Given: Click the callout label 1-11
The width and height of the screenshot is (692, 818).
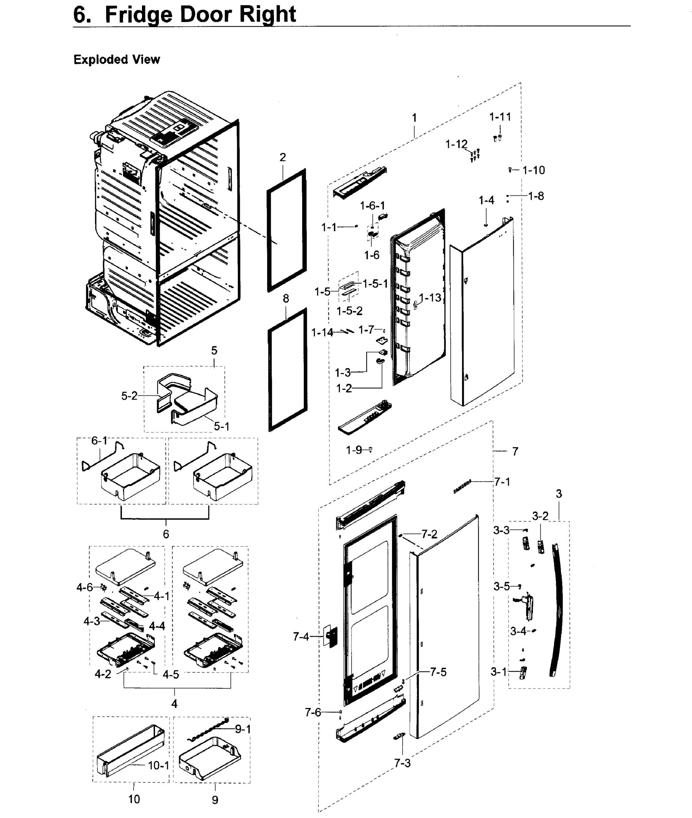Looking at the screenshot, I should [x=500, y=117].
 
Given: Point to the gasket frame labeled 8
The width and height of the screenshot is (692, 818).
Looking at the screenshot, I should [x=270, y=377].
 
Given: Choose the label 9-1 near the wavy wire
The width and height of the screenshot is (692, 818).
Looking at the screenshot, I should [x=243, y=729].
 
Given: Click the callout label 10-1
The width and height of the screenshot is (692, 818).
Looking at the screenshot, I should [x=158, y=765].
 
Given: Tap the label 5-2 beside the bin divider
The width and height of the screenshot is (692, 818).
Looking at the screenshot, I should [x=129, y=396].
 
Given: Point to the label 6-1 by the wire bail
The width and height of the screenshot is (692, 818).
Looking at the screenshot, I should [x=99, y=441].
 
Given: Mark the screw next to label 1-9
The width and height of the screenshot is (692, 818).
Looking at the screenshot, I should [x=370, y=450].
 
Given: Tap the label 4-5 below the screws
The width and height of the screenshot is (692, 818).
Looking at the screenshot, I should [x=171, y=675].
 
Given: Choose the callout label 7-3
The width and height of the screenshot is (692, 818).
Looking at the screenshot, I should [x=402, y=763].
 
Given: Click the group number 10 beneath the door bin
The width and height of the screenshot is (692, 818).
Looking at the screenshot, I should [x=134, y=799].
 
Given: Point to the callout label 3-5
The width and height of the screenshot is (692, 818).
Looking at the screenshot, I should [x=501, y=587].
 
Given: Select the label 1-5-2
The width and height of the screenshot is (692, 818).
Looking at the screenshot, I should [x=349, y=311].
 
